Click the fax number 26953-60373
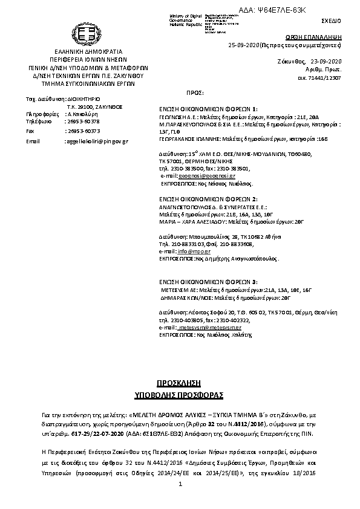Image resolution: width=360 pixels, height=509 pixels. coord(82,131)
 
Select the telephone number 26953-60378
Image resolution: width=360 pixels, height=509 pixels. coord(82,122)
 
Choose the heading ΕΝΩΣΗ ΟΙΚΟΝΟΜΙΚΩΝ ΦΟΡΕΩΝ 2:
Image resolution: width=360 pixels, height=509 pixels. coord(208,198)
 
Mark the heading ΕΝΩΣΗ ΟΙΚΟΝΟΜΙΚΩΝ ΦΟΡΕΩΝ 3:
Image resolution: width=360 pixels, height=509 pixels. coord(208,282)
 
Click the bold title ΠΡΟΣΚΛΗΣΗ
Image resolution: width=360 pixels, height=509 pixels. coord(179,384)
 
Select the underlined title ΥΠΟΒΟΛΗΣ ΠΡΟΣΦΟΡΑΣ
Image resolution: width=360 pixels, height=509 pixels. coord(179,395)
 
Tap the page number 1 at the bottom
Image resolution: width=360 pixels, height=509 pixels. coord(180,484)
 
